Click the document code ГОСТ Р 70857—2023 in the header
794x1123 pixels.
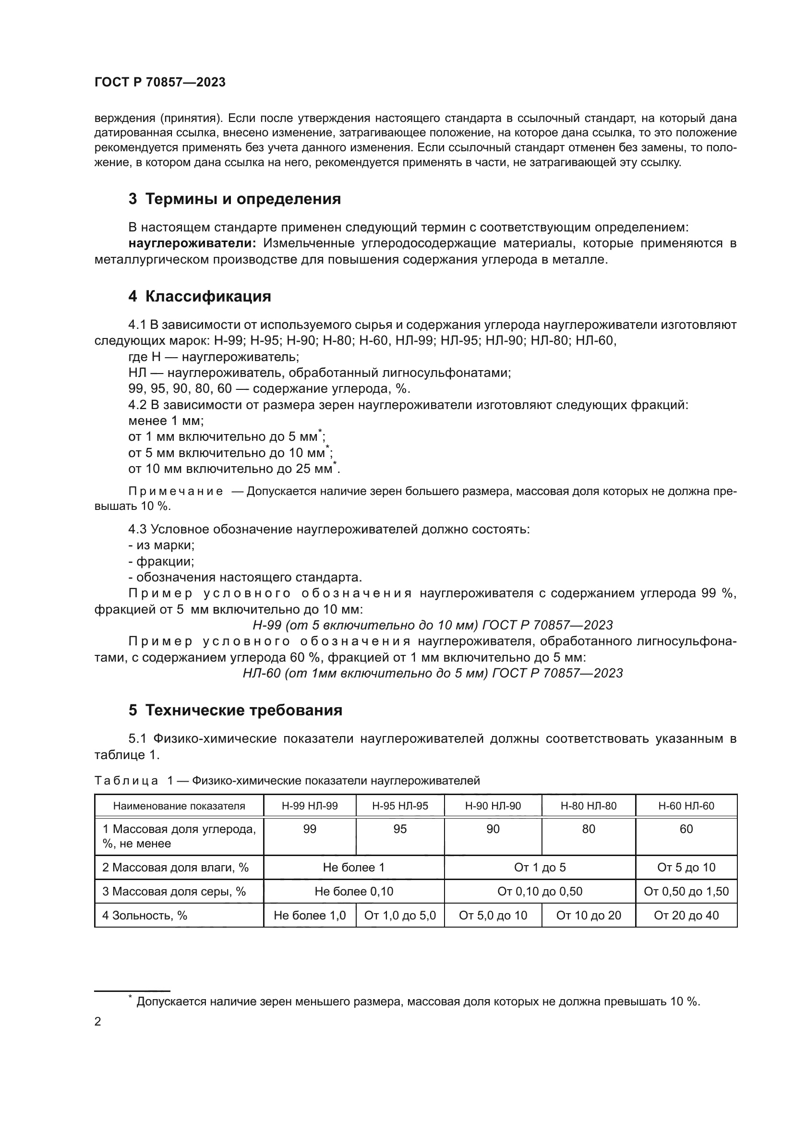[x=160, y=82]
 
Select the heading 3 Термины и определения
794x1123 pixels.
[x=235, y=199]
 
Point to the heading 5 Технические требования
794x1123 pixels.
[x=235, y=710]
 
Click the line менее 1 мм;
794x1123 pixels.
[x=166, y=421]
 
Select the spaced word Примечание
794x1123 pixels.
[x=176, y=491]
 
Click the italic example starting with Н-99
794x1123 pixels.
[x=432, y=625]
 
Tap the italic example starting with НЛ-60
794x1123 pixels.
[x=432, y=673]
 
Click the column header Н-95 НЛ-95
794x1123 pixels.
[x=400, y=806]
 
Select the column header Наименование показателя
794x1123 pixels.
[x=179, y=806]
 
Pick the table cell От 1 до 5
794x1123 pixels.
[x=540, y=867]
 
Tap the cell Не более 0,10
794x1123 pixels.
[x=353, y=891]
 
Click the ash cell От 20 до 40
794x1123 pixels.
[x=686, y=915]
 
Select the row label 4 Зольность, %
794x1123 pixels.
[x=144, y=915]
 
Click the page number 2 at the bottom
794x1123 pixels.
[x=97, y=1021]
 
